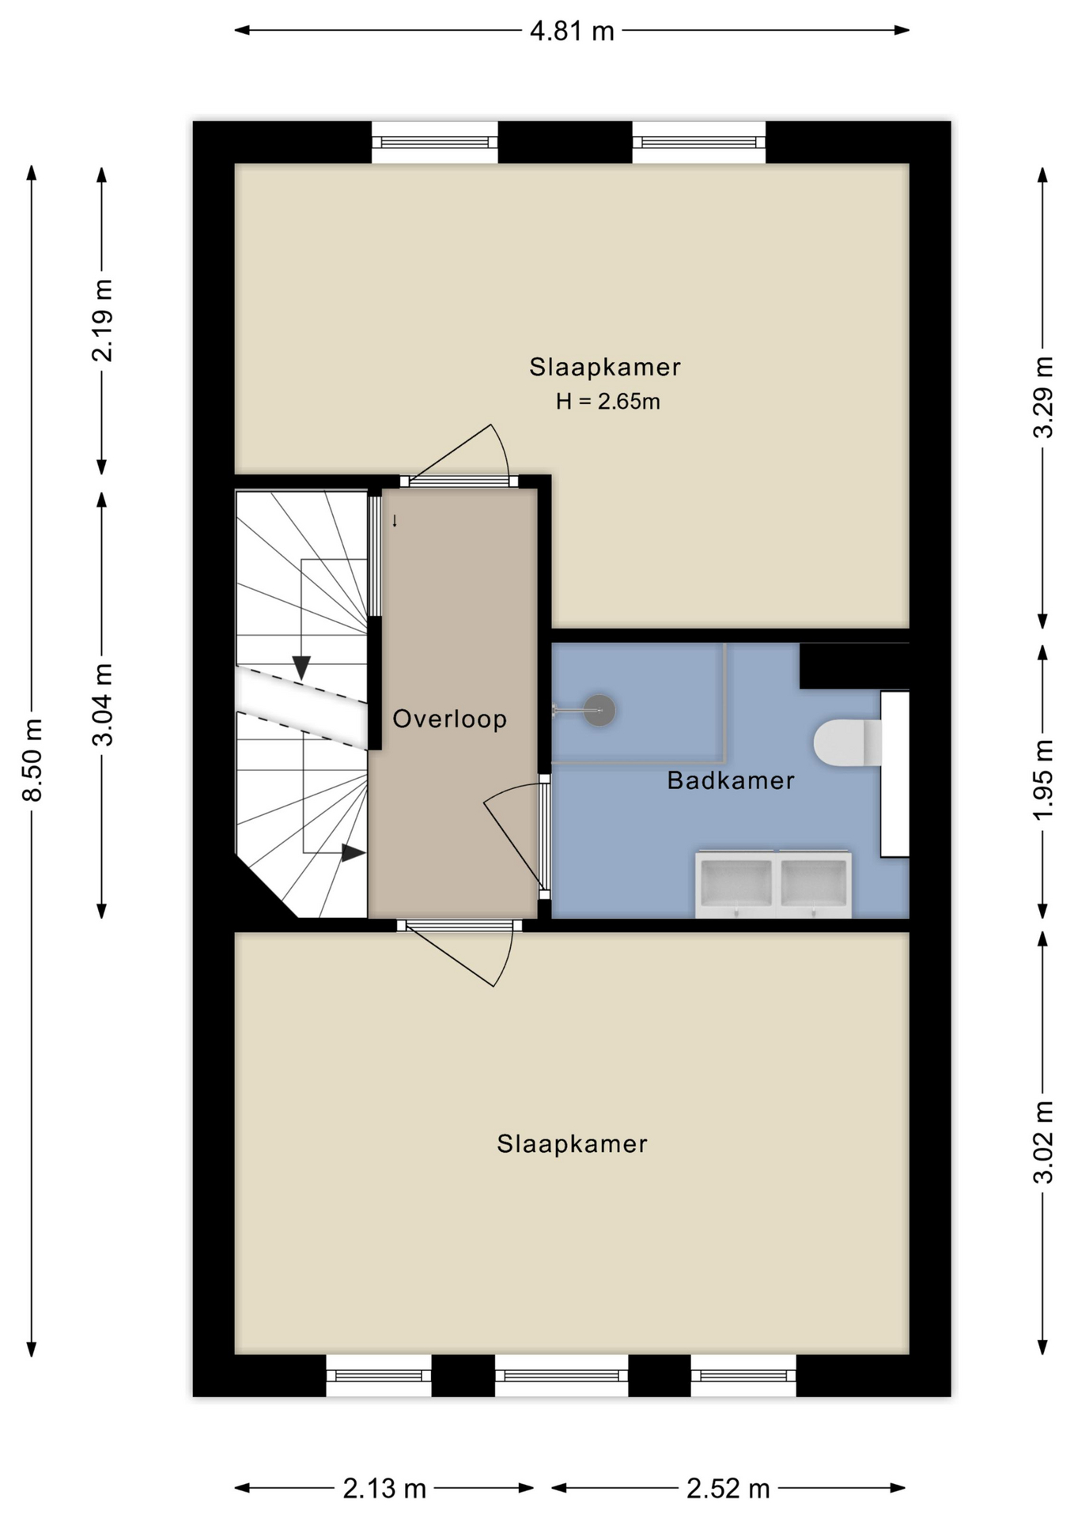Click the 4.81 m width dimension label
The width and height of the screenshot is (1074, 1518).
coord(571,31)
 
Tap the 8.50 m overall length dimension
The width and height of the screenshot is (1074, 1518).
coord(32,760)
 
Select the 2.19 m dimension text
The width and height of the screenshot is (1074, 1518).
coord(103,320)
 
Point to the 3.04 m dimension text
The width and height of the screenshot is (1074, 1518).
coord(103,704)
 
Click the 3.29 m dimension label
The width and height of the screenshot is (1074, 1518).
coord(1043,397)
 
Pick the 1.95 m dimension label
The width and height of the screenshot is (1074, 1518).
coord(1043,780)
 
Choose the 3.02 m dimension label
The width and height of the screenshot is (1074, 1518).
coord(1043,1142)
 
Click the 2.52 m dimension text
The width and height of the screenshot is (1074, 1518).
coord(728,1489)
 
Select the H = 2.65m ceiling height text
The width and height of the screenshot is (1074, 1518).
coord(607,402)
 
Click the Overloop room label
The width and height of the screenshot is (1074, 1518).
coord(449,719)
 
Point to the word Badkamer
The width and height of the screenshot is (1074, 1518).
coord(730,780)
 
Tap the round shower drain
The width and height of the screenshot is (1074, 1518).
coord(600,710)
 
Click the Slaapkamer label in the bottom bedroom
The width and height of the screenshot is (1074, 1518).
coord(572,1144)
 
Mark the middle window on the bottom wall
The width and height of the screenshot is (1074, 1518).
coord(562,1376)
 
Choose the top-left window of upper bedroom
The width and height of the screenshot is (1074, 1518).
coord(434,142)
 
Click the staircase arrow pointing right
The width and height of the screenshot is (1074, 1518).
coord(353,853)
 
